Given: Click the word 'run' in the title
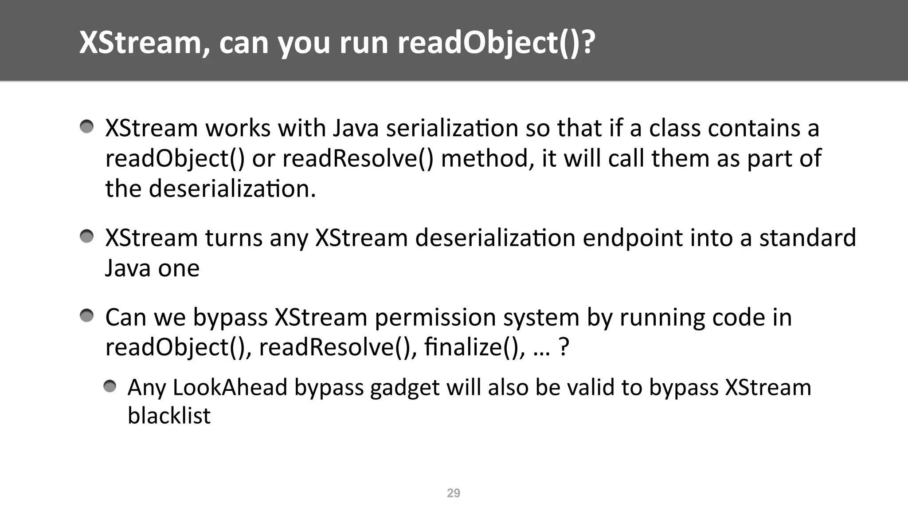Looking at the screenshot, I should point(364,43).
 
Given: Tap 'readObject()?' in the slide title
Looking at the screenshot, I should point(496,43).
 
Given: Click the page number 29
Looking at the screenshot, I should point(453,493).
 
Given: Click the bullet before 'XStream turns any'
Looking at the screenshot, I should point(87,237).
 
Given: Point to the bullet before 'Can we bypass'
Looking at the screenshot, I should point(87,316).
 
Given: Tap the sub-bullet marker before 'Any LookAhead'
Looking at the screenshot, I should point(110,387).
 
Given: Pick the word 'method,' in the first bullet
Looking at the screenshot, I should point(488,159).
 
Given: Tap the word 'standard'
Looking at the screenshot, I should point(807,238).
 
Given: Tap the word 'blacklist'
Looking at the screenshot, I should point(169,416).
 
